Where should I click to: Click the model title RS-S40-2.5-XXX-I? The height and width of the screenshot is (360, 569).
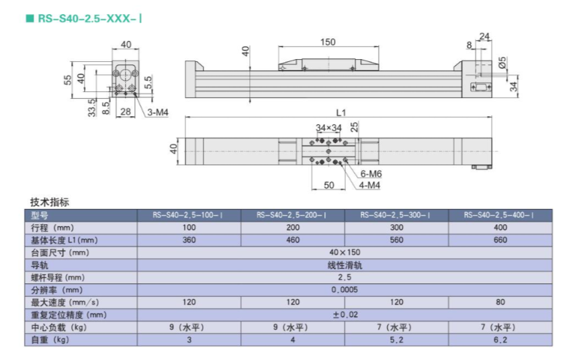click(89, 18)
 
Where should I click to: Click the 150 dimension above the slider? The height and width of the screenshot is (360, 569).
click(328, 42)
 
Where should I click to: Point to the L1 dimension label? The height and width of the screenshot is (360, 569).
click(341, 113)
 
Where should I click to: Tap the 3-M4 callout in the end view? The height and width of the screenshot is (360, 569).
click(158, 112)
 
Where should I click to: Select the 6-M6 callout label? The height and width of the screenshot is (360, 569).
click(371, 174)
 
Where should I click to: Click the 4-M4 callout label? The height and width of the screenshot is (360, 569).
click(369, 185)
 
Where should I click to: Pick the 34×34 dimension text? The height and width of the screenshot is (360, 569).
click(329, 128)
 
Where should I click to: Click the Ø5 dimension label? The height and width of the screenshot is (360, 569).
click(502, 62)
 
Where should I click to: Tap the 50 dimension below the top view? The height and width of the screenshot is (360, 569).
click(329, 185)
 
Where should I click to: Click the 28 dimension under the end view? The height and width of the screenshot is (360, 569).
click(126, 111)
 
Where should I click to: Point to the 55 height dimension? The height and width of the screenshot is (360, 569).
click(68, 80)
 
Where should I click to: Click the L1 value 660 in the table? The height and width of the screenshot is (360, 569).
click(500, 240)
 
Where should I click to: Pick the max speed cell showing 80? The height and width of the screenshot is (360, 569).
click(500, 302)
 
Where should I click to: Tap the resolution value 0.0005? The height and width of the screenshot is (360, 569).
click(345, 289)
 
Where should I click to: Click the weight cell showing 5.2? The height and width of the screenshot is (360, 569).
click(396, 340)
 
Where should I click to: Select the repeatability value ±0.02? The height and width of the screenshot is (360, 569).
click(345, 314)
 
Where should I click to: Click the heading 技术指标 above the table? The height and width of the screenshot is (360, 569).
click(50, 202)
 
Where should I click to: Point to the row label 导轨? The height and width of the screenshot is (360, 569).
click(40, 265)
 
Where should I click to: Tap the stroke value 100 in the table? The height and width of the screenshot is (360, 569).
click(189, 228)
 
